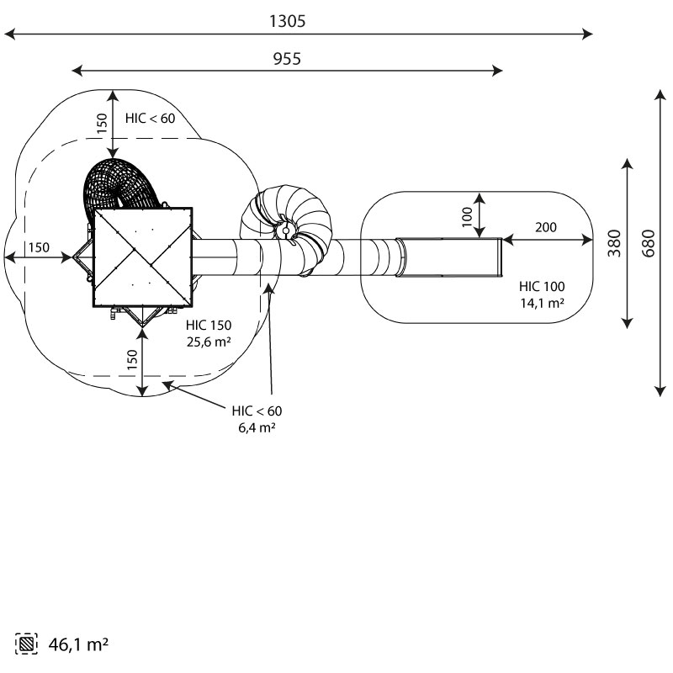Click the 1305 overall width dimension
click(x=287, y=21)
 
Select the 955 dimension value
click(x=287, y=59)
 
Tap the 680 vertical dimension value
click(x=649, y=243)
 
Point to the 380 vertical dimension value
click(x=614, y=243)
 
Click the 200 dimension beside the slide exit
click(x=545, y=227)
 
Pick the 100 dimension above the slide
click(x=467, y=216)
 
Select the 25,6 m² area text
click(x=209, y=342)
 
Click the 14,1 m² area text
click(x=542, y=303)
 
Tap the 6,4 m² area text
click(x=257, y=427)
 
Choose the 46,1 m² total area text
click(x=78, y=644)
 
